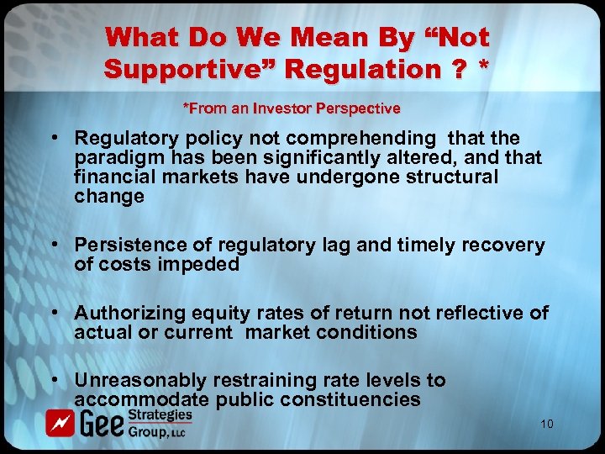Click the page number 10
point(546,425)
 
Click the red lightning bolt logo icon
point(58,424)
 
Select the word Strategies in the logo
point(160,415)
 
